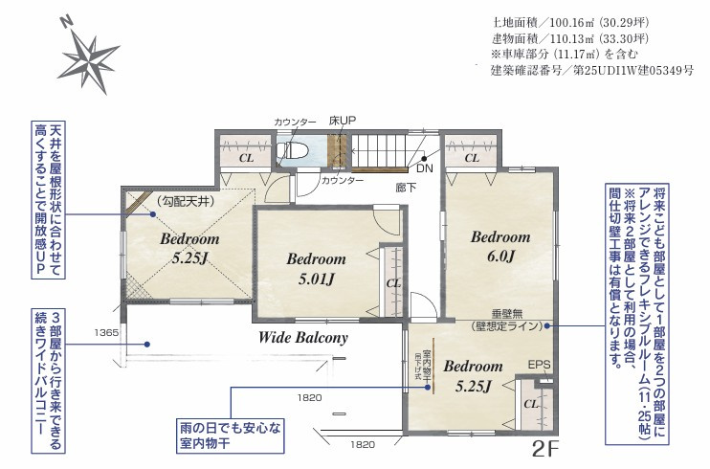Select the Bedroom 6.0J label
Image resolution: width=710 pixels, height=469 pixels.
tap(499, 246)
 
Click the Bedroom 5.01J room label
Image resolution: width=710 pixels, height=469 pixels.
tap(316, 269)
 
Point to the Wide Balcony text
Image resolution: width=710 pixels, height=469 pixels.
tap(303, 338)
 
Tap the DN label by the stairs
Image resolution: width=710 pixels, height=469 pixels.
tap(425, 167)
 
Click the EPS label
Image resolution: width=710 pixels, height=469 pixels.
tap(539, 365)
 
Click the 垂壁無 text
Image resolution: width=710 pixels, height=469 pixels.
tap(510, 313)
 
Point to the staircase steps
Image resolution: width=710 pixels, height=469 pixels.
tap(382, 149)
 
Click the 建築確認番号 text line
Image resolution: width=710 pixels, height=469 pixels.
tap(592, 71)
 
